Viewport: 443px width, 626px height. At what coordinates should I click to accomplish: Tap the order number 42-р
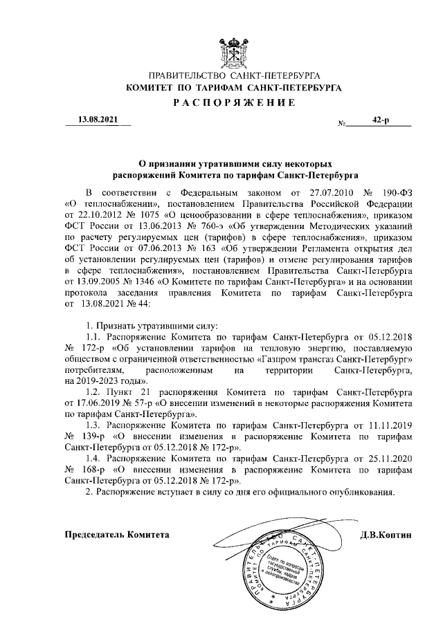pyautogui.click(x=380, y=120)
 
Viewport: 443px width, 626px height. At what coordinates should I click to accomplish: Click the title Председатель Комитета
pyautogui.click(x=116, y=535)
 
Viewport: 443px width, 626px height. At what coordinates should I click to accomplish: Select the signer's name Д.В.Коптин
pyautogui.click(x=386, y=535)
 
